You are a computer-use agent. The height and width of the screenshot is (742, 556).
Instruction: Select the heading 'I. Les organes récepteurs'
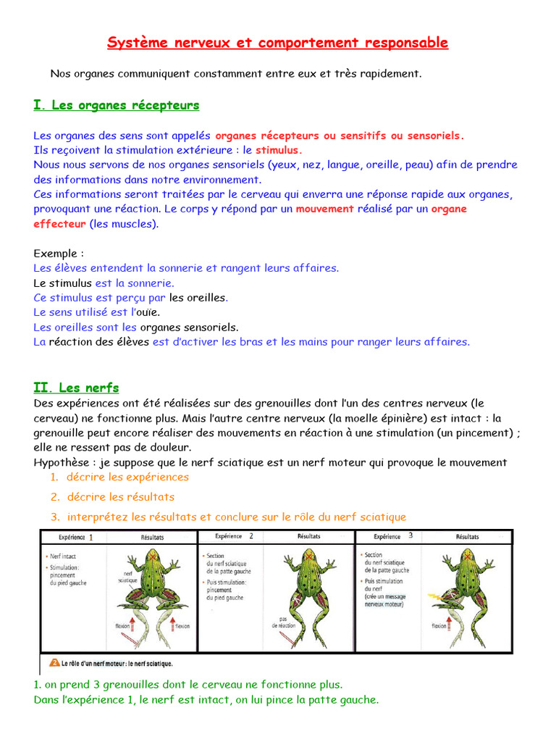coord(116,106)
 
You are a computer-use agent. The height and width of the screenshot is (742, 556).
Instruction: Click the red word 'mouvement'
coord(325,209)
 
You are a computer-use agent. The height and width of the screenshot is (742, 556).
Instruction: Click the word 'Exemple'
coord(56,254)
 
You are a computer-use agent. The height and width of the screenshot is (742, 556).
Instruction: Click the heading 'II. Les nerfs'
coord(76,388)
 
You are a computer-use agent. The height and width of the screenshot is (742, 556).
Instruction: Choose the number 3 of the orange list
coord(54,517)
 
